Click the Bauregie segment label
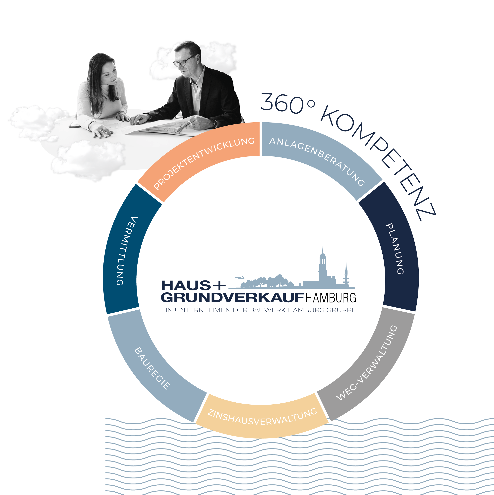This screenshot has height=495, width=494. point(152,368)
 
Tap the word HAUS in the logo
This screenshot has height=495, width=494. point(186,285)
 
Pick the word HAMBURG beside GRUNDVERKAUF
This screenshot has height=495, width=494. point(331,298)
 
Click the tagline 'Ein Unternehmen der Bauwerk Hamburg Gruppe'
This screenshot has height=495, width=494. point(258,310)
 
